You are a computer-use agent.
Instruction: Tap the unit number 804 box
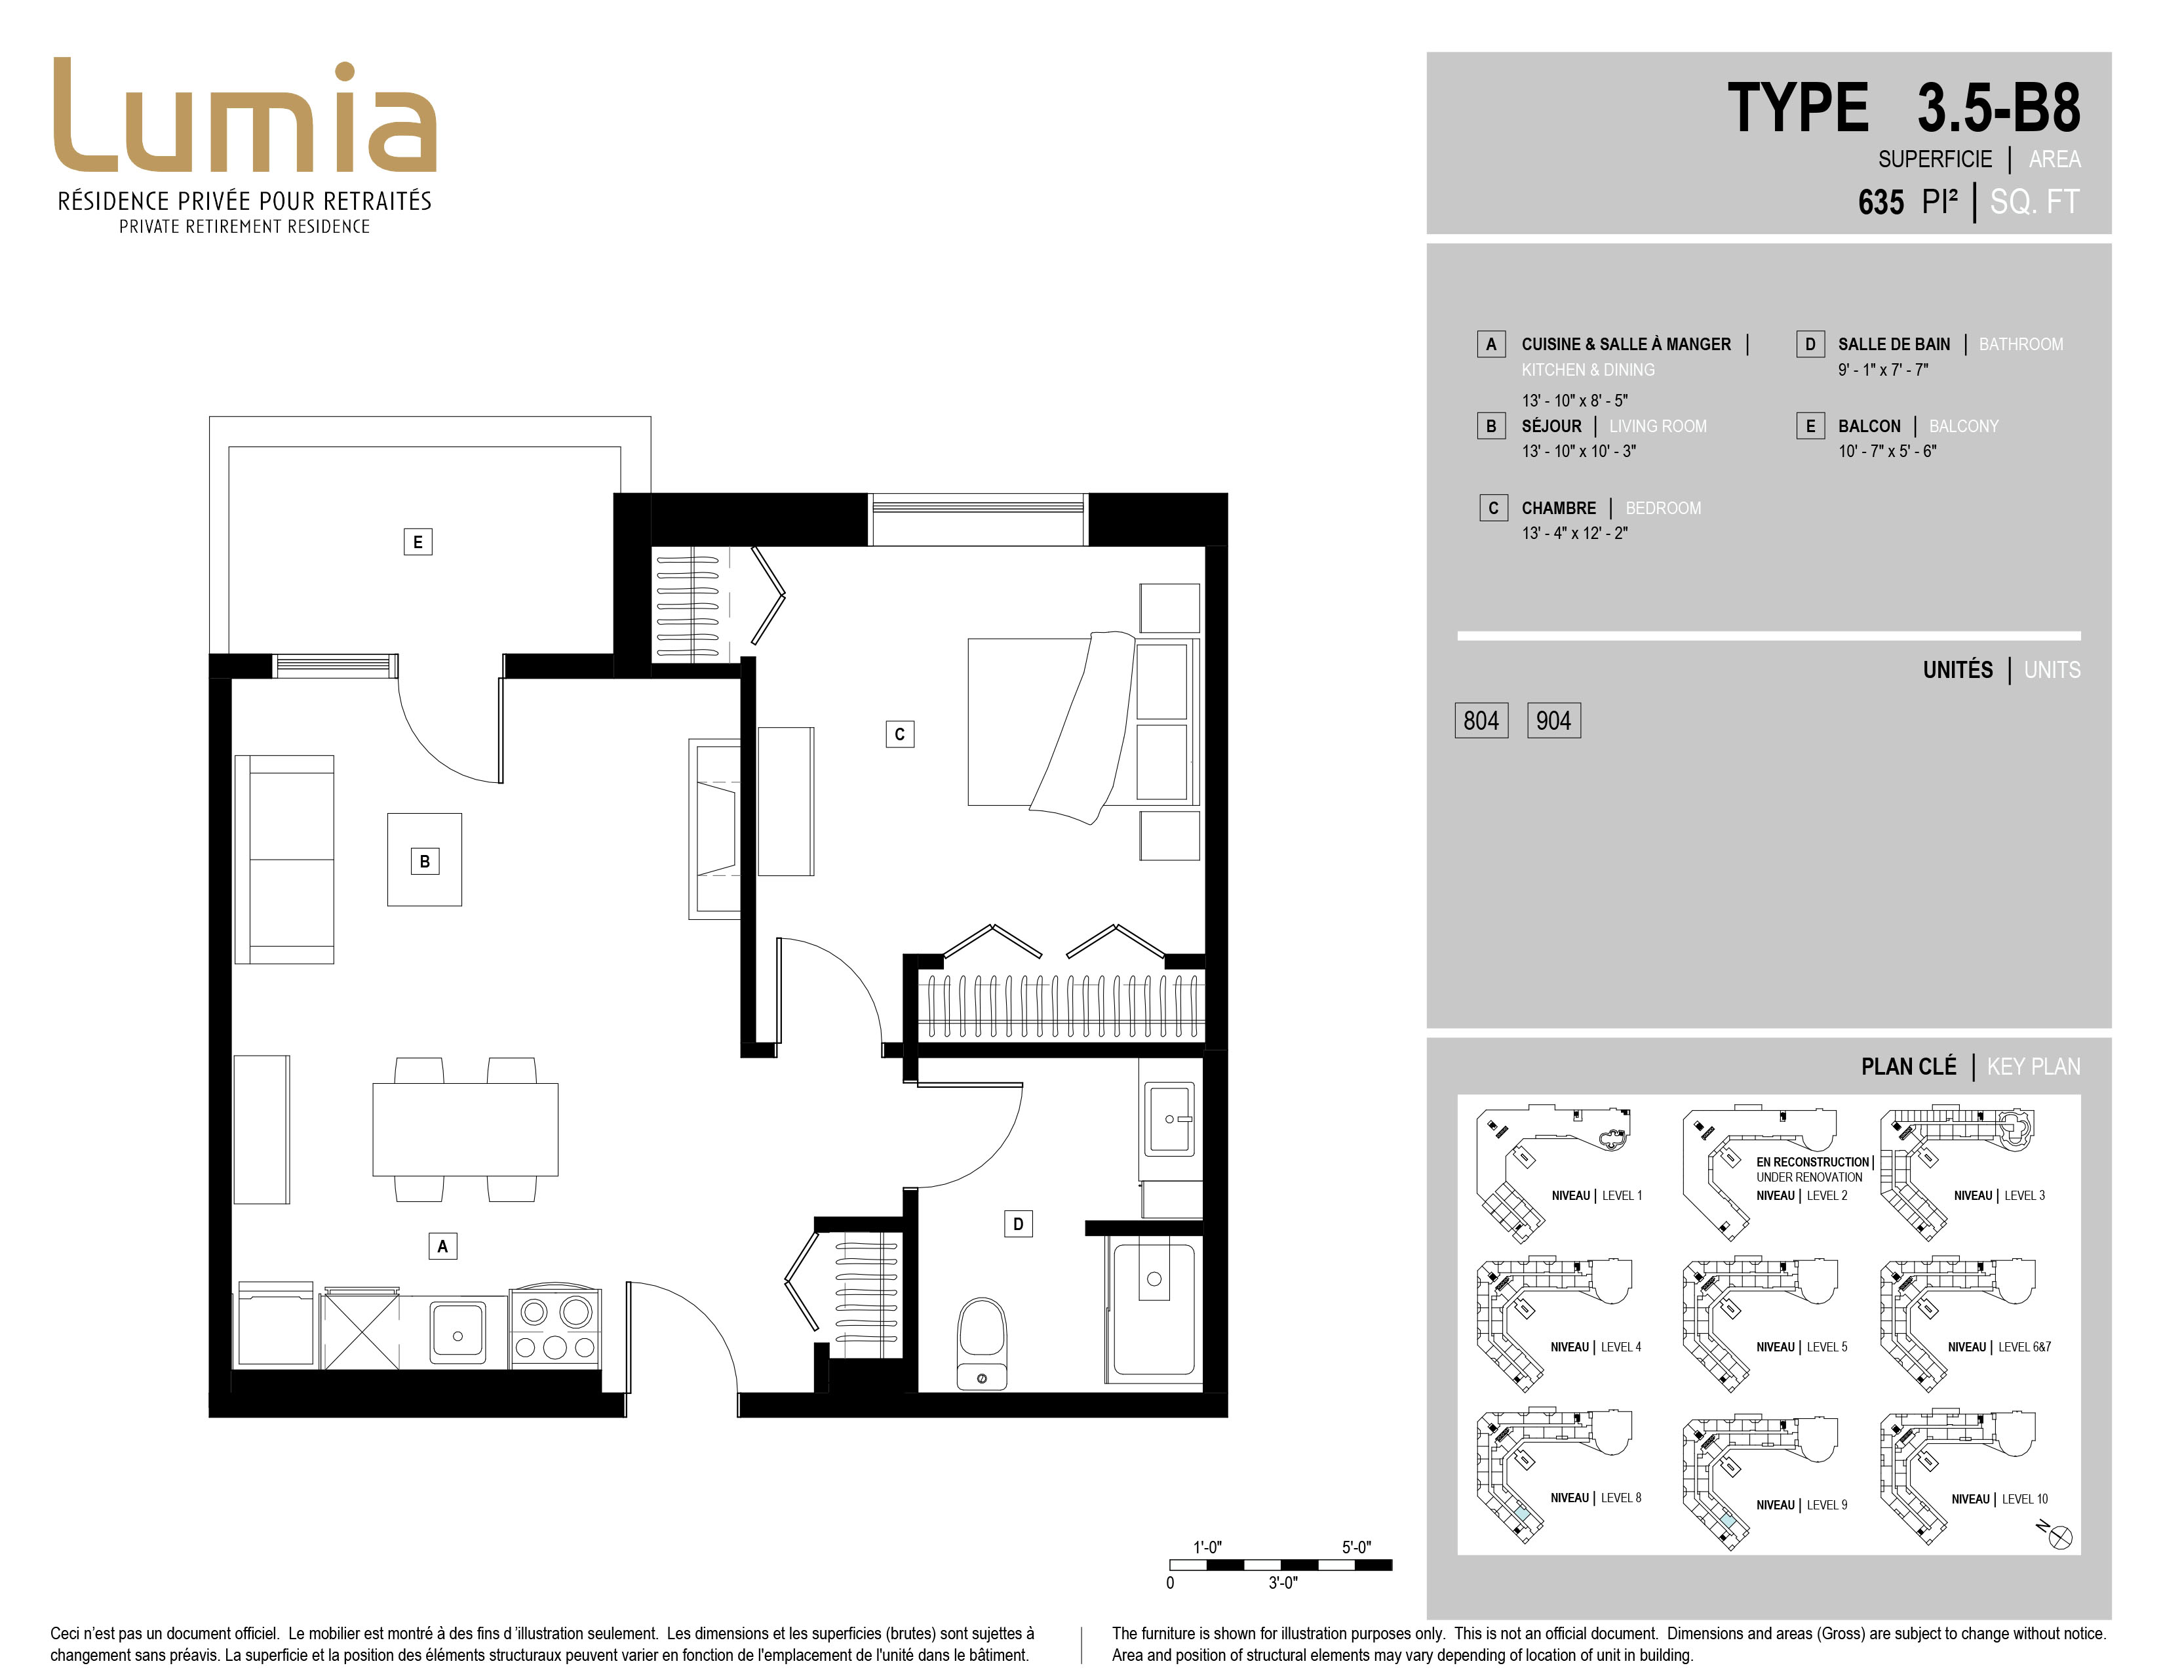(1481, 720)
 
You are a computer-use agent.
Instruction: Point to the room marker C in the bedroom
(899, 734)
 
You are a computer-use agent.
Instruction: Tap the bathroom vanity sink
(1169, 1119)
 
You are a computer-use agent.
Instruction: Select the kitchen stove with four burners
(555, 1327)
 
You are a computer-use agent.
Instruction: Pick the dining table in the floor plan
(465, 1129)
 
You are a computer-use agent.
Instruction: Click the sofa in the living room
(284, 859)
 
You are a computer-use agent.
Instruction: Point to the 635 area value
(1880, 202)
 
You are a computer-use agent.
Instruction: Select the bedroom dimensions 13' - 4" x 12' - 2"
(1574, 533)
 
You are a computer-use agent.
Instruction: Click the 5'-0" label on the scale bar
(1356, 1547)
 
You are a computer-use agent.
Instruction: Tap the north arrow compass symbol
(2061, 1538)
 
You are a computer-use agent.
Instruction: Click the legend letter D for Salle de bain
(1810, 344)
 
